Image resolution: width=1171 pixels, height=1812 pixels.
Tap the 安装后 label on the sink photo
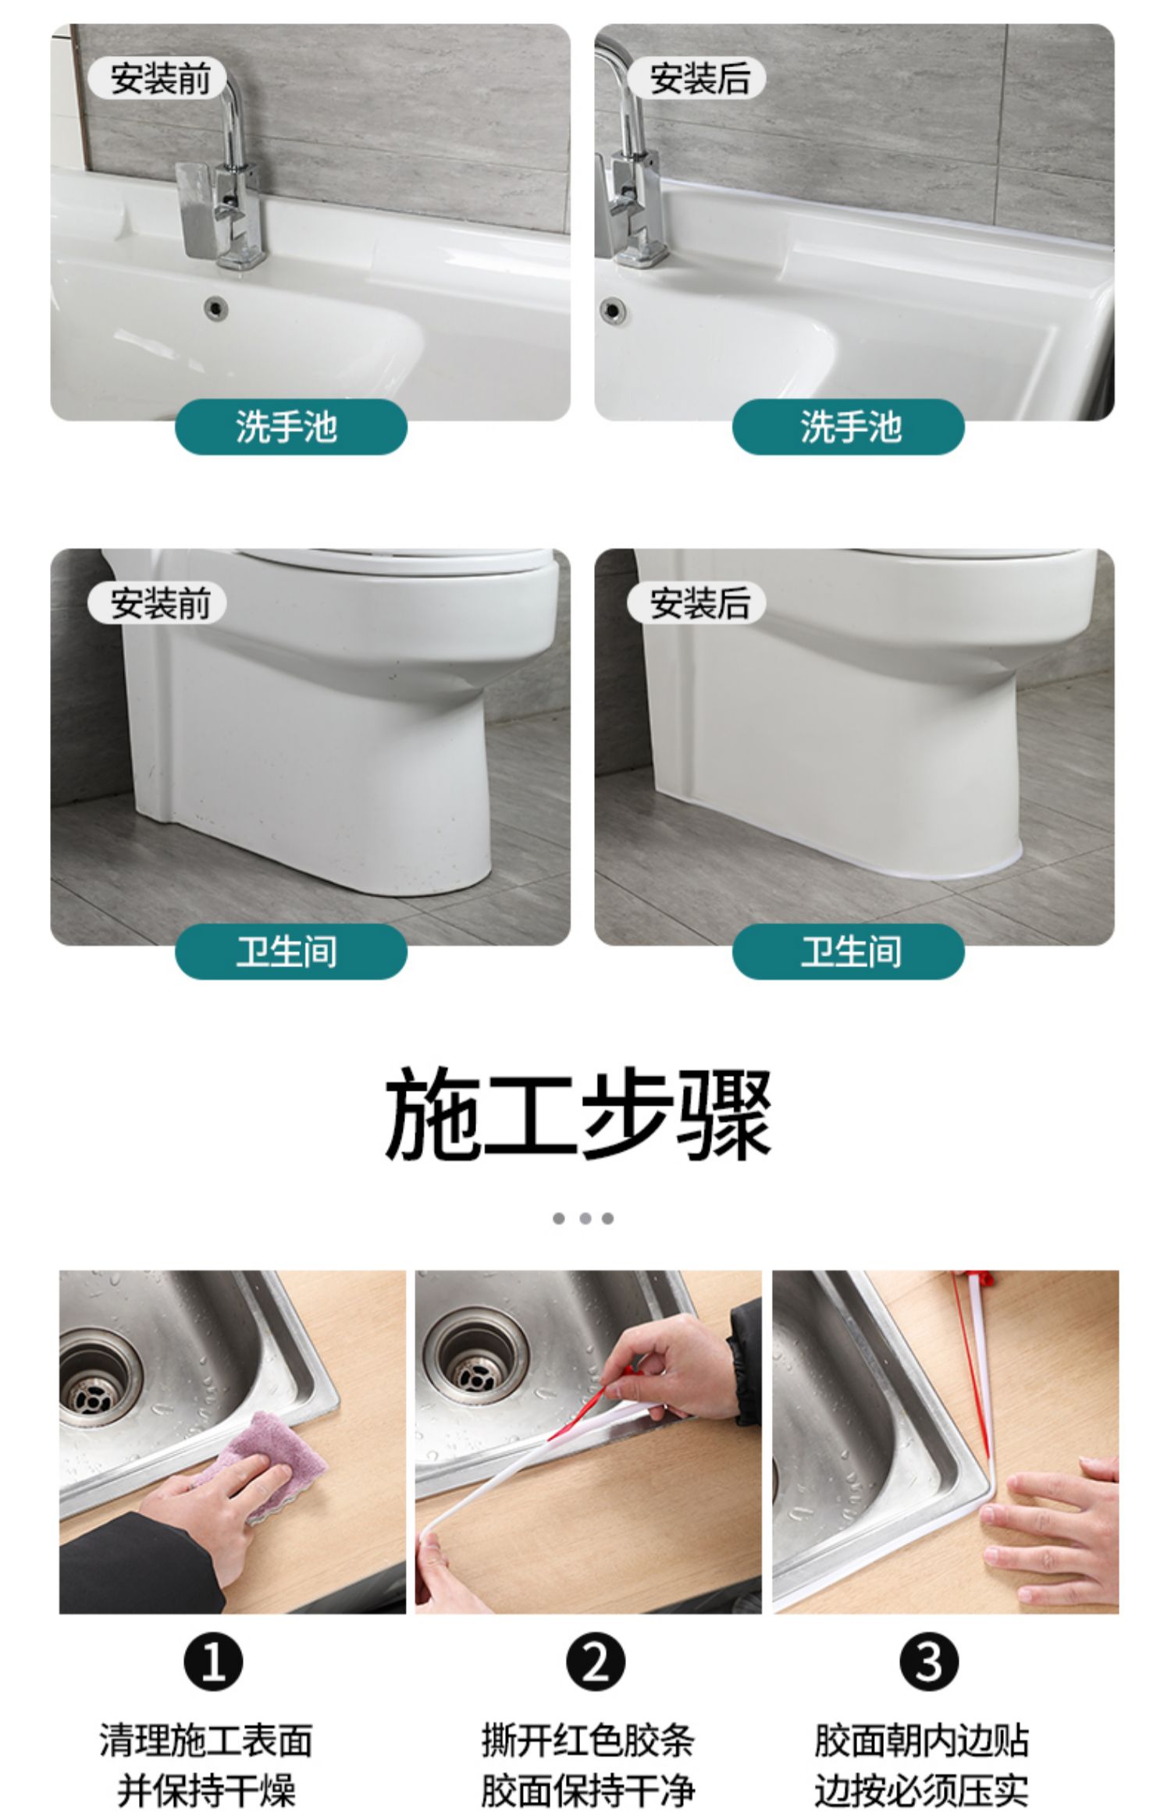click(x=697, y=79)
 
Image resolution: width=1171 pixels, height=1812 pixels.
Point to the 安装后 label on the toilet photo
click(x=697, y=603)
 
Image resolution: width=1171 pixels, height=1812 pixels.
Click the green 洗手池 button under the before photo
click(x=290, y=427)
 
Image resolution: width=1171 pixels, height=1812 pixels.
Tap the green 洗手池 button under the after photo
click(x=849, y=427)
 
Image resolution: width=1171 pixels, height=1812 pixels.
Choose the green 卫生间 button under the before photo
click(x=290, y=951)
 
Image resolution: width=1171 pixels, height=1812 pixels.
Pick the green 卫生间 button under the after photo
click(x=849, y=951)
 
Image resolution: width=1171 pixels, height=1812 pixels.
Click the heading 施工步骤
click(x=578, y=1114)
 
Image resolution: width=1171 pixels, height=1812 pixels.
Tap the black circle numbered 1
click(x=213, y=1663)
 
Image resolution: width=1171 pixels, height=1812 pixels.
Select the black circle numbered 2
click(x=595, y=1663)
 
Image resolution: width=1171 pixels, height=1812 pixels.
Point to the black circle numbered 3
click(x=929, y=1663)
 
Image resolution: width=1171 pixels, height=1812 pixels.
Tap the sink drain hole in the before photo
click(x=216, y=307)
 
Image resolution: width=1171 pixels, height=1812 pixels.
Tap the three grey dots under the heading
click(x=583, y=1218)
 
